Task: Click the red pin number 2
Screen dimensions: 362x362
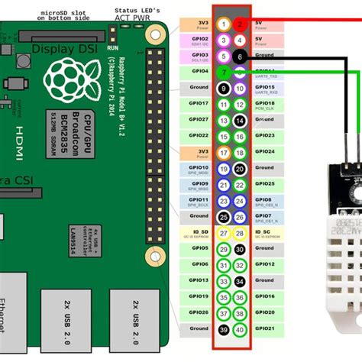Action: pos(241,24)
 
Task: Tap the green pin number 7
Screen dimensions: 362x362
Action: pos(223,72)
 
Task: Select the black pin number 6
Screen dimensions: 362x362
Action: pos(241,56)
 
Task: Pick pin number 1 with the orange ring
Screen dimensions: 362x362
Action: pos(223,24)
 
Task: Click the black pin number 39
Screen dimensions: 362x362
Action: pos(223,329)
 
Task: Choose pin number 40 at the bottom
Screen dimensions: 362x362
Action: pos(241,329)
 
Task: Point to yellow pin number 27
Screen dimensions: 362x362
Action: pos(223,233)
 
